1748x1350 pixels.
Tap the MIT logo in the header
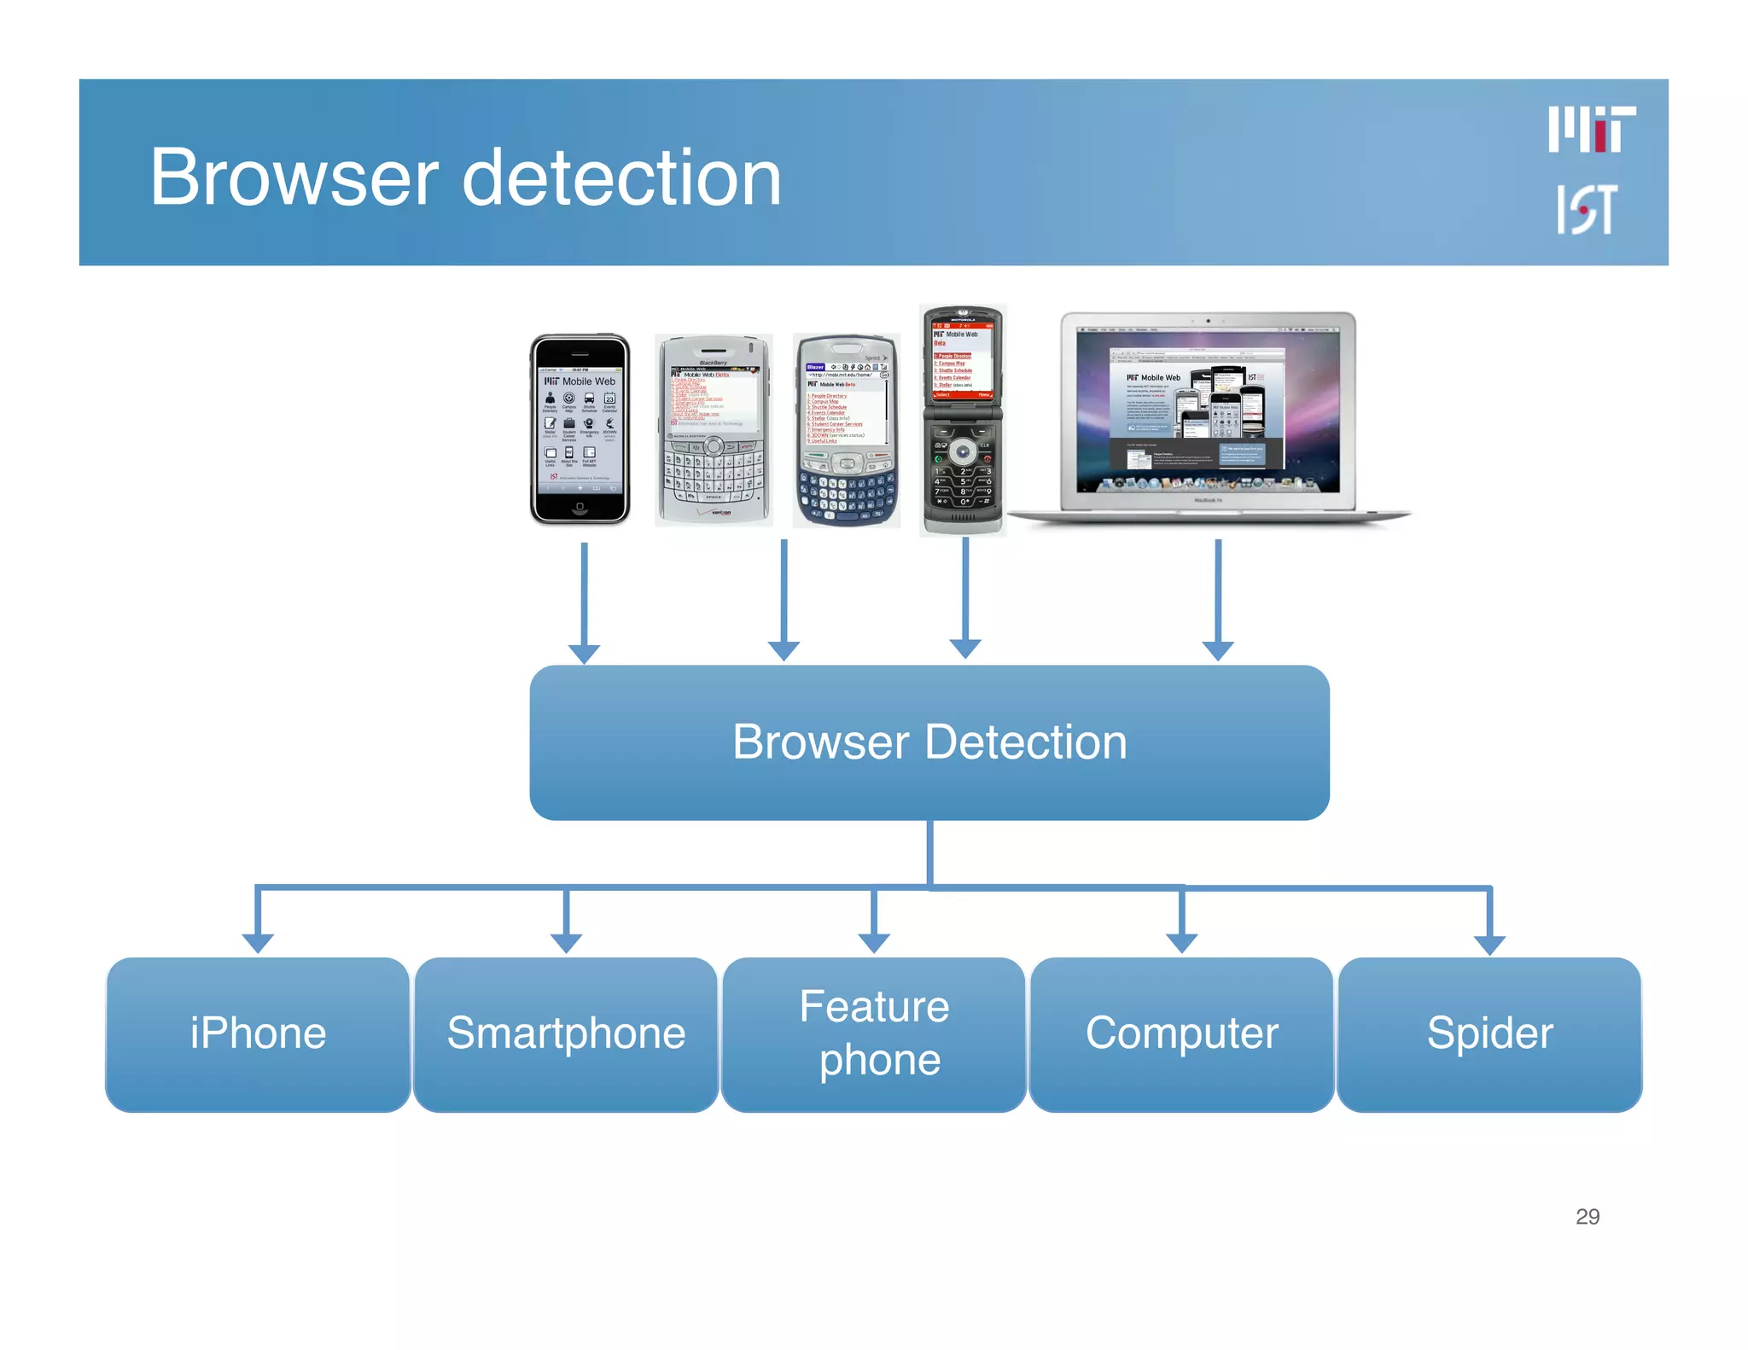1591,130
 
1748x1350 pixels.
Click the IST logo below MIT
1586,209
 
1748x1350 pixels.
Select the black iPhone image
580,429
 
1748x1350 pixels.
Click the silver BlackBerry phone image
714,429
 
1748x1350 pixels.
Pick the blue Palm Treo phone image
846,431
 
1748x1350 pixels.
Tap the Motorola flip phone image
963,420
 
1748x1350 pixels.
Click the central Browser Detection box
929,742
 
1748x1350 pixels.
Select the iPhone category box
258,1033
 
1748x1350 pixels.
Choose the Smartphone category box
566,1033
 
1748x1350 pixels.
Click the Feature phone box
874,1033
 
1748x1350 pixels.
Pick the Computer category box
1181,1033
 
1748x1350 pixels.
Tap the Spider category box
1489,1033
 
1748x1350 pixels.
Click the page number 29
1587,1216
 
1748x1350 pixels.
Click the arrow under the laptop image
1218,597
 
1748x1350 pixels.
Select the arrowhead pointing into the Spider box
1489,944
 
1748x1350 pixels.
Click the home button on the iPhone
580,507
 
